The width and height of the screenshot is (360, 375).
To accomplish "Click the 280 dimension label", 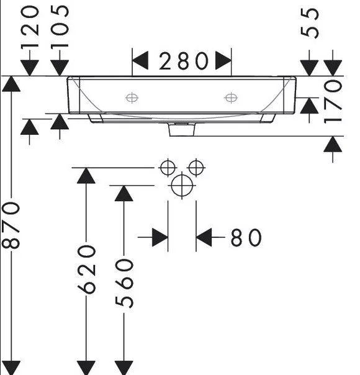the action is click(x=183, y=61).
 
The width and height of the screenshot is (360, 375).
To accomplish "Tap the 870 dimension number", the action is click(x=11, y=225).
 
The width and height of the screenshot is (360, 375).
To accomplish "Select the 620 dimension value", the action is click(x=86, y=269).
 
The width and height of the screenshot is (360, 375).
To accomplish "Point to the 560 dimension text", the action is click(x=124, y=283).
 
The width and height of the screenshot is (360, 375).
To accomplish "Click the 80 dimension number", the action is click(x=246, y=237).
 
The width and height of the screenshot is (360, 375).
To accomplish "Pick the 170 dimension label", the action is click(x=333, y=102).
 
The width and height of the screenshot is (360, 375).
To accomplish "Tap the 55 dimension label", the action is click(x=310, y=23).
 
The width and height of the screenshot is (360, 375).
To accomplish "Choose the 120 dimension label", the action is click(x=30, y=27).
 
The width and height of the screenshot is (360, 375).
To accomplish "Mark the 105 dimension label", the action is click(x=60, y=27).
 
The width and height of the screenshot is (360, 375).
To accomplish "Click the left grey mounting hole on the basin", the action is click(x=132, y=98).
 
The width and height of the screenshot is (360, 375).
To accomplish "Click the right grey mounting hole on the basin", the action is click(x=231, y=98).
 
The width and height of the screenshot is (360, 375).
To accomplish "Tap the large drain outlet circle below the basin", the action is click(x=182, y=186).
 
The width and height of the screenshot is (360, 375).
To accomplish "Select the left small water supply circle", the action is click(x=168, y=168).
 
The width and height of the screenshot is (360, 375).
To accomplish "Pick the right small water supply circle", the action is click(x=196, y=168).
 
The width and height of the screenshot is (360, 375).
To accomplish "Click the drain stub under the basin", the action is click(x=182, y=129).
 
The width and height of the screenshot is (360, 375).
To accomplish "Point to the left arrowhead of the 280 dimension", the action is click(x=140, y=60).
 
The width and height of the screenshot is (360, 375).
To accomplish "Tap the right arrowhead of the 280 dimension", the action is click(x=223, y=60).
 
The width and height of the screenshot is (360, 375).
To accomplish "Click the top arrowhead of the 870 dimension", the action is click(x=11, y=84).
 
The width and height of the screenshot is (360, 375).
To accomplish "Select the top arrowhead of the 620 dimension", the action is click(x=86, y=176).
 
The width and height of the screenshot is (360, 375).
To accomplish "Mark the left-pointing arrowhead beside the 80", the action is click(x=204, y=237).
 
